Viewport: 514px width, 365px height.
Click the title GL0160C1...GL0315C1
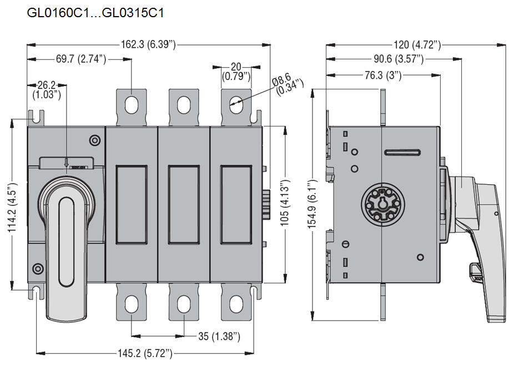click(95, 12)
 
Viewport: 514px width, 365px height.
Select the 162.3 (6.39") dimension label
click(148, 45)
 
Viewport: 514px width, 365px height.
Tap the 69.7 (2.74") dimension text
click(81, 59)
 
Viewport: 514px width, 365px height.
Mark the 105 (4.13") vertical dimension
click(285, 201)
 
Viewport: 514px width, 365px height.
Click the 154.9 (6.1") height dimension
click(314, 204)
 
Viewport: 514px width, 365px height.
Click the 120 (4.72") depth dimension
click(417, 45)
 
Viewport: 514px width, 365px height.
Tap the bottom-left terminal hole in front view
click(132, 303)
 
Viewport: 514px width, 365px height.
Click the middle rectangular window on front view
click(184, 205)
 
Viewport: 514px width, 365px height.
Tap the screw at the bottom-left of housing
click(38, 270)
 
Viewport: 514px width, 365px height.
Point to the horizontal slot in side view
click(402, 153)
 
